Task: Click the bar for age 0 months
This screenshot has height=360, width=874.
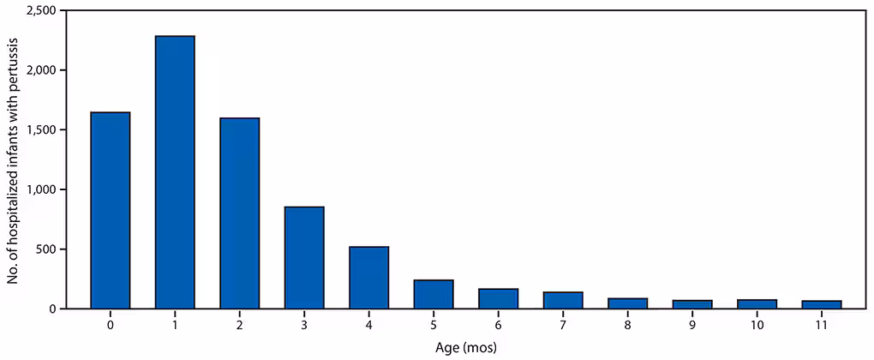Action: click(110, 210)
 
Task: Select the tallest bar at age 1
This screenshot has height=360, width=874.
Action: click(175, 171)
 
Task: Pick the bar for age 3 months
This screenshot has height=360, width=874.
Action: click(304, 257)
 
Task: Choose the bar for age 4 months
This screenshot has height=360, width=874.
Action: click(368, 277)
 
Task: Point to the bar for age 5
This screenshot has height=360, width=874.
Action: click(434, 294)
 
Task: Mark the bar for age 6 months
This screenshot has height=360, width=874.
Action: click(498, 298)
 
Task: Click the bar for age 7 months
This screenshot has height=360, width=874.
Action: click(563, 300)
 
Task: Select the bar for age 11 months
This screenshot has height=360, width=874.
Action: click(822, 304)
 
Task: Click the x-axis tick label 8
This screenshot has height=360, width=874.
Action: click(627, 325)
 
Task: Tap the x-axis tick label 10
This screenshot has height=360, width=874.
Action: click(757, 325)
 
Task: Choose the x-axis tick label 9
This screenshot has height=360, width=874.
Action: click(692, 325)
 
